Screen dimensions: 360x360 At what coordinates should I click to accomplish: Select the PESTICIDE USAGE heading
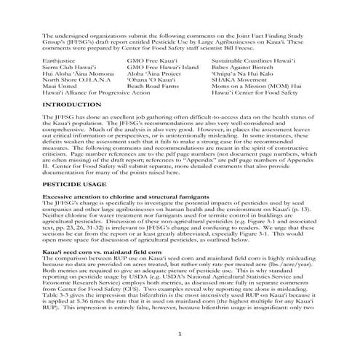(x=76, y=186)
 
